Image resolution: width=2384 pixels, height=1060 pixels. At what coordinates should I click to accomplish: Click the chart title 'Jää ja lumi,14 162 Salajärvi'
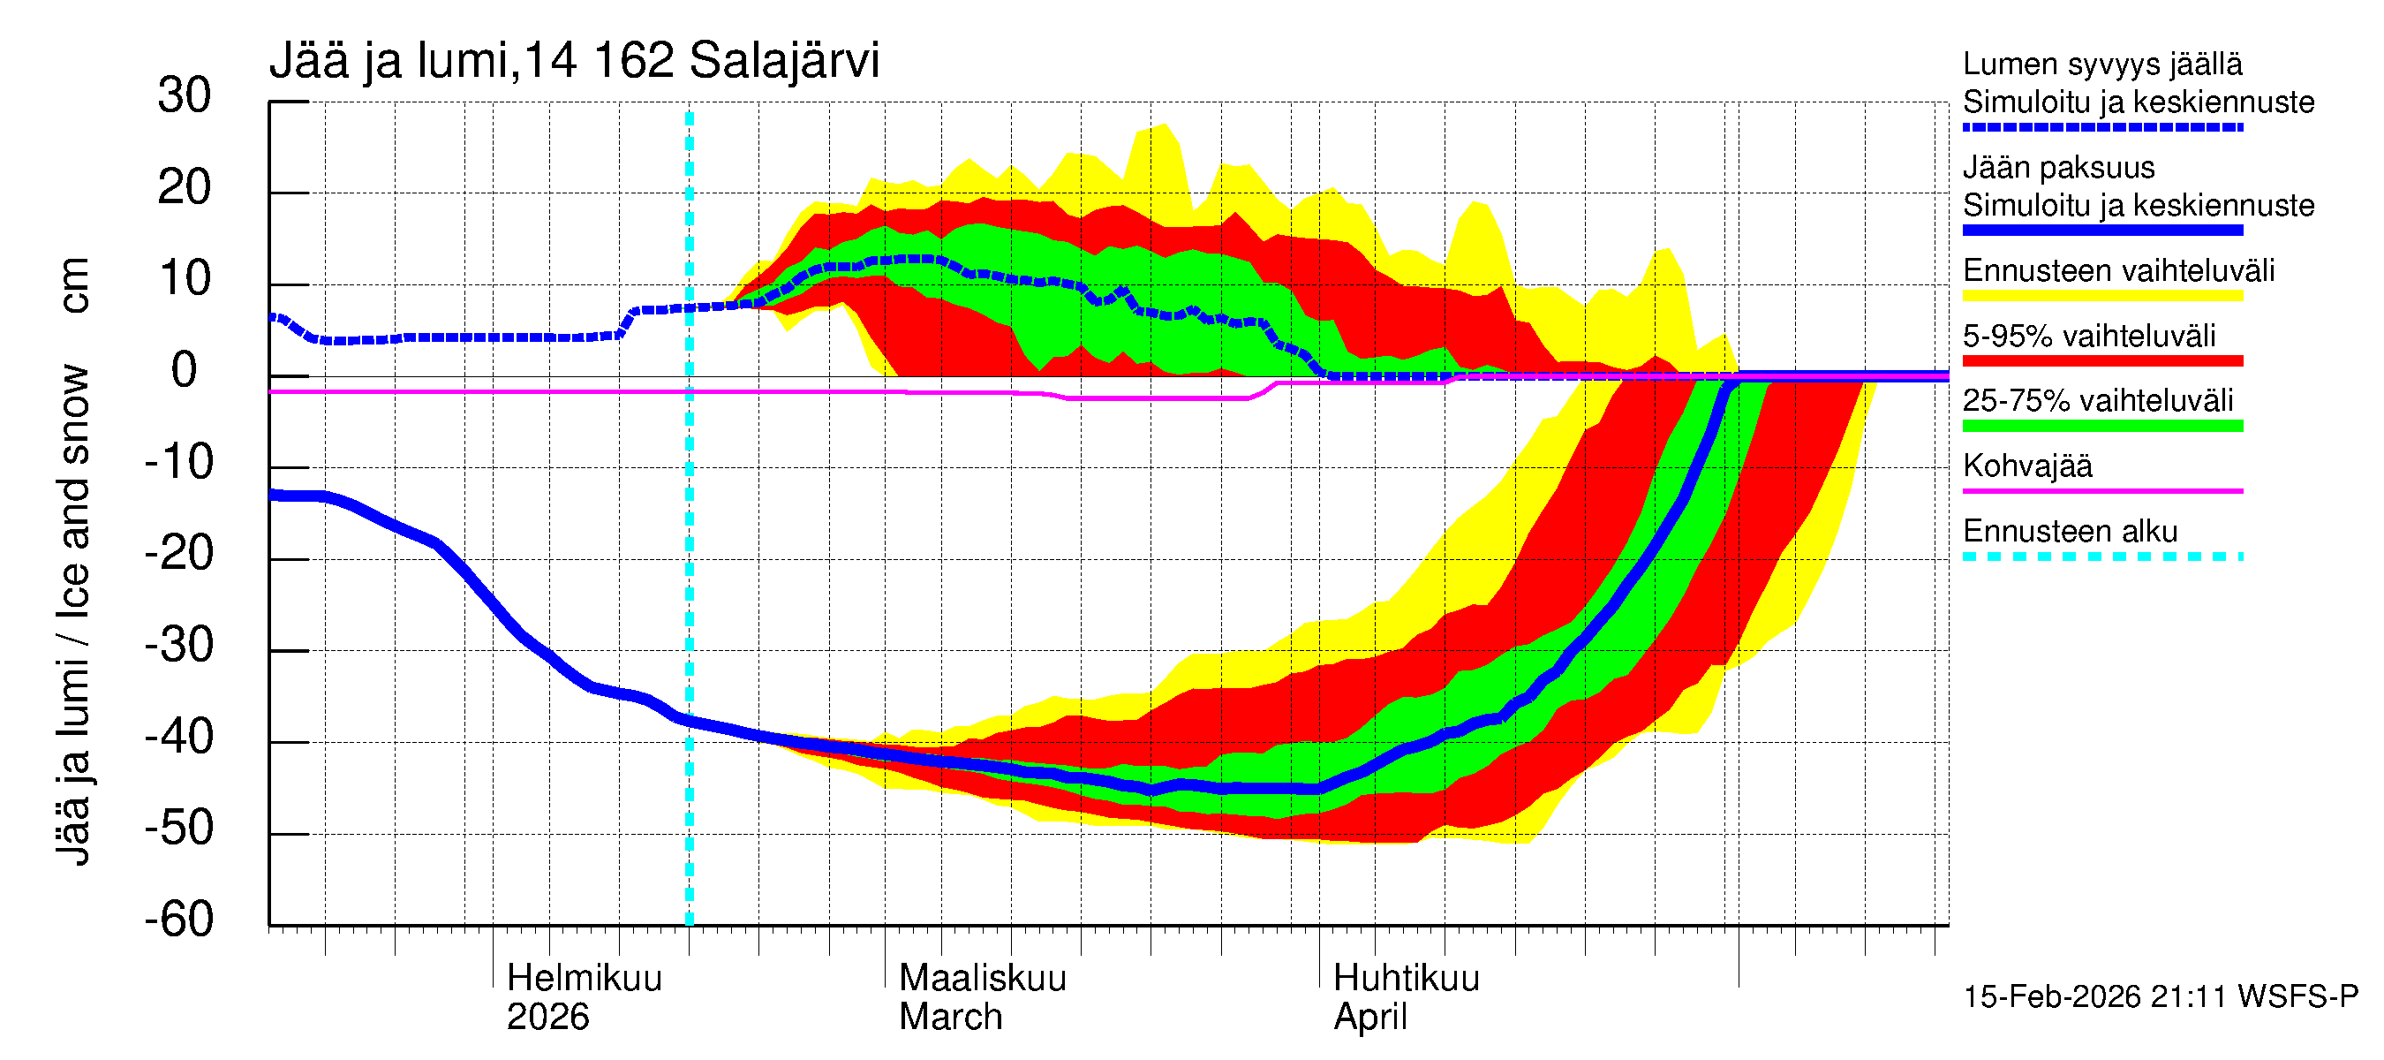(x=574, y=61)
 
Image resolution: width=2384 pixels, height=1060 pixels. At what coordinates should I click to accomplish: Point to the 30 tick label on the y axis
(x=185, y=95)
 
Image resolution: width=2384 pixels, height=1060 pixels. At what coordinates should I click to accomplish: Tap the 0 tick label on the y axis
(x=185, y=370)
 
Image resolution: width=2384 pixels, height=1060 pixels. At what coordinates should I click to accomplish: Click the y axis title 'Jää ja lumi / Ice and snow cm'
(x=73, y=560)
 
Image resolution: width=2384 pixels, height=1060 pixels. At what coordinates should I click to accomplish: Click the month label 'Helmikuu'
(x=584, y=979)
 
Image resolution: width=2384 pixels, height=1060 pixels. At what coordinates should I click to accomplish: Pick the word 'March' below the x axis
(x=950, y=1018)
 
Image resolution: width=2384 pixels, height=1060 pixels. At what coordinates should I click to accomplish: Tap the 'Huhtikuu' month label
(x=1406, y=979)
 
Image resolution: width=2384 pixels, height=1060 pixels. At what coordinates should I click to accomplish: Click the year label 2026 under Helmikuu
(x=547, y=1018)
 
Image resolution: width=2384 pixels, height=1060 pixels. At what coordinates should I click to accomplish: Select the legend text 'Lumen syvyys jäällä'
(x=2102, y=64)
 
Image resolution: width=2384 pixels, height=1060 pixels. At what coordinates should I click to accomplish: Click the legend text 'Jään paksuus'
(x=2058, y=168)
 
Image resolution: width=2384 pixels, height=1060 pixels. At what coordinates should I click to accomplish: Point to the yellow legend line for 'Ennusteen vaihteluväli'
(x=2102, y=296)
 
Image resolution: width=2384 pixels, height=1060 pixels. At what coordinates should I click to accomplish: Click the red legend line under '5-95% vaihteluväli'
(x=2102, y=361)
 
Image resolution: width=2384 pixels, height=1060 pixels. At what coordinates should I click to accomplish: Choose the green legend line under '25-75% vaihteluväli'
(x=2102, y=426)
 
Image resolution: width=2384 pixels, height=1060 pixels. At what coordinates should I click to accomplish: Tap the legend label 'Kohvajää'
(x=2026, y=466)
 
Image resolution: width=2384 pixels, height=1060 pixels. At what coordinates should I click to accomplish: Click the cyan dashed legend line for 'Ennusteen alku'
(x=2102, y=556)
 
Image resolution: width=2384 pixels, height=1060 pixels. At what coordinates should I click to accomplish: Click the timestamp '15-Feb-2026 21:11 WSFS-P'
(x=2161, y=997)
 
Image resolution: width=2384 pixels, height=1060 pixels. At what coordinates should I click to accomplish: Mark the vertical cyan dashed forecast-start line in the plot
(x=690, y=556)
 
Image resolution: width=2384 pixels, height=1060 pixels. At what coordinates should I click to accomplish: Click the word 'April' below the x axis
(x=1369, y=1018)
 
